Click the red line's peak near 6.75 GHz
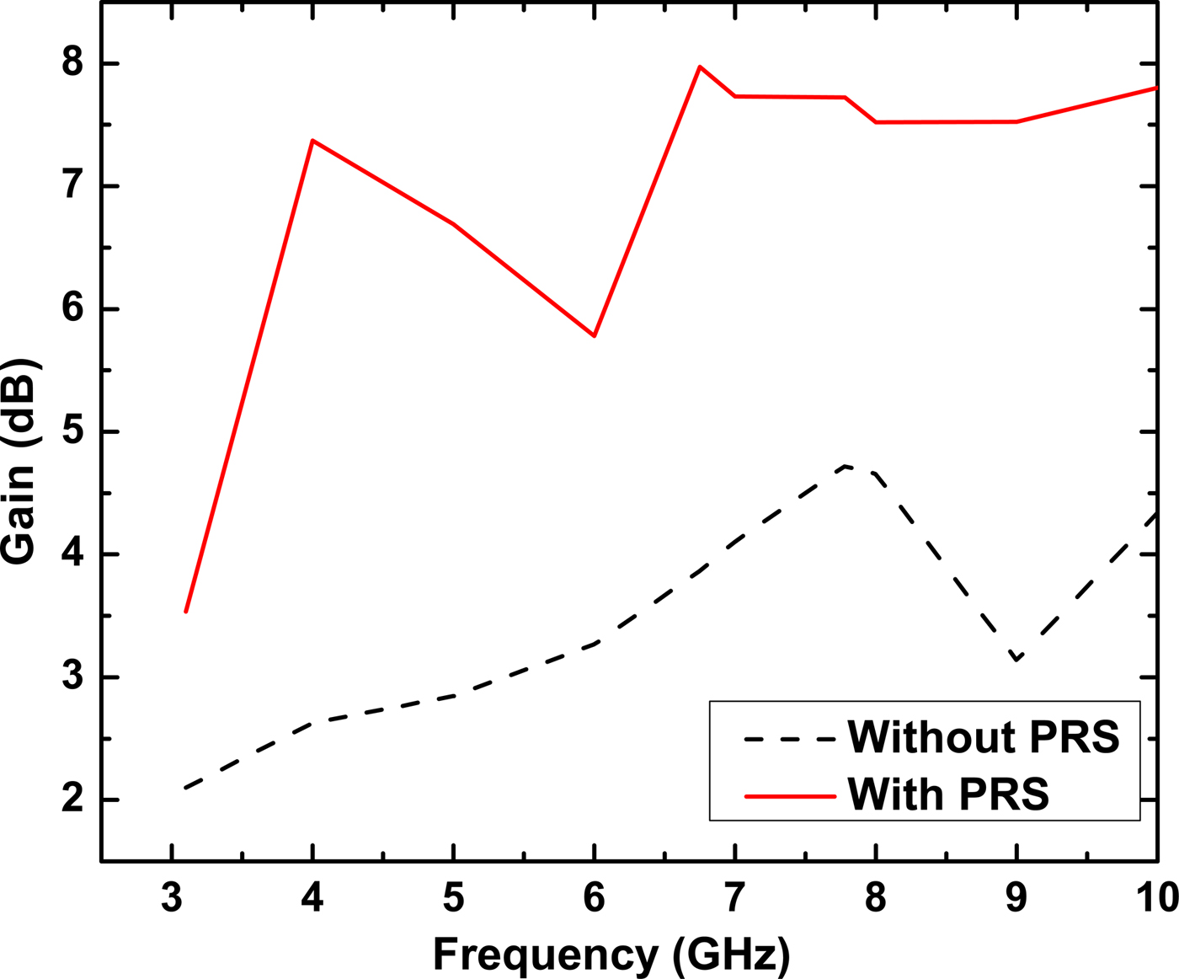click(700, 67)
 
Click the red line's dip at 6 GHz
click(595, 335)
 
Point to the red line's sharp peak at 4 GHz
click(312, 141)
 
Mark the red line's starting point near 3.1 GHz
click(185, 611)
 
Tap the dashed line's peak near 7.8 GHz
click(845, 466)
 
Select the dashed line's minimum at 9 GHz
click(1017, 659)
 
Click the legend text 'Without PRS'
click(984, 737)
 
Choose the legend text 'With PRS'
click(948, 794)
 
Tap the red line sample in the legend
click(790, 796)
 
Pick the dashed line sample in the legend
click(790, 739)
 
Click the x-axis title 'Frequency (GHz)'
click(612, 955)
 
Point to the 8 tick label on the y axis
click(73, 64)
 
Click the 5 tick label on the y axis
click(73, 432)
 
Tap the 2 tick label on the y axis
click(73, 800)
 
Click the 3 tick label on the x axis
click(172, 898)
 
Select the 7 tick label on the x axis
click(735, 898)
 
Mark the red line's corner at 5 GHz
click(454, 224)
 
